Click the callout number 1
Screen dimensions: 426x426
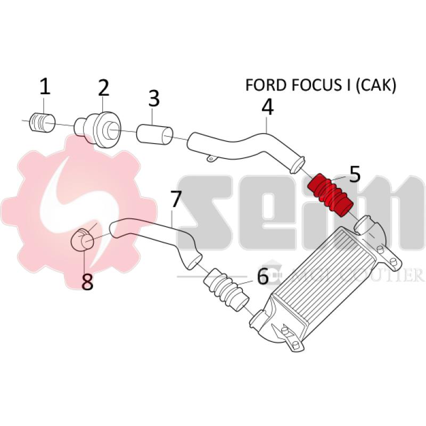(x=45, y=86)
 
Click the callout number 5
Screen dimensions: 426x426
(x=355, y=173)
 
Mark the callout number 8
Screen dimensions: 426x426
(x=87, y=282)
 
